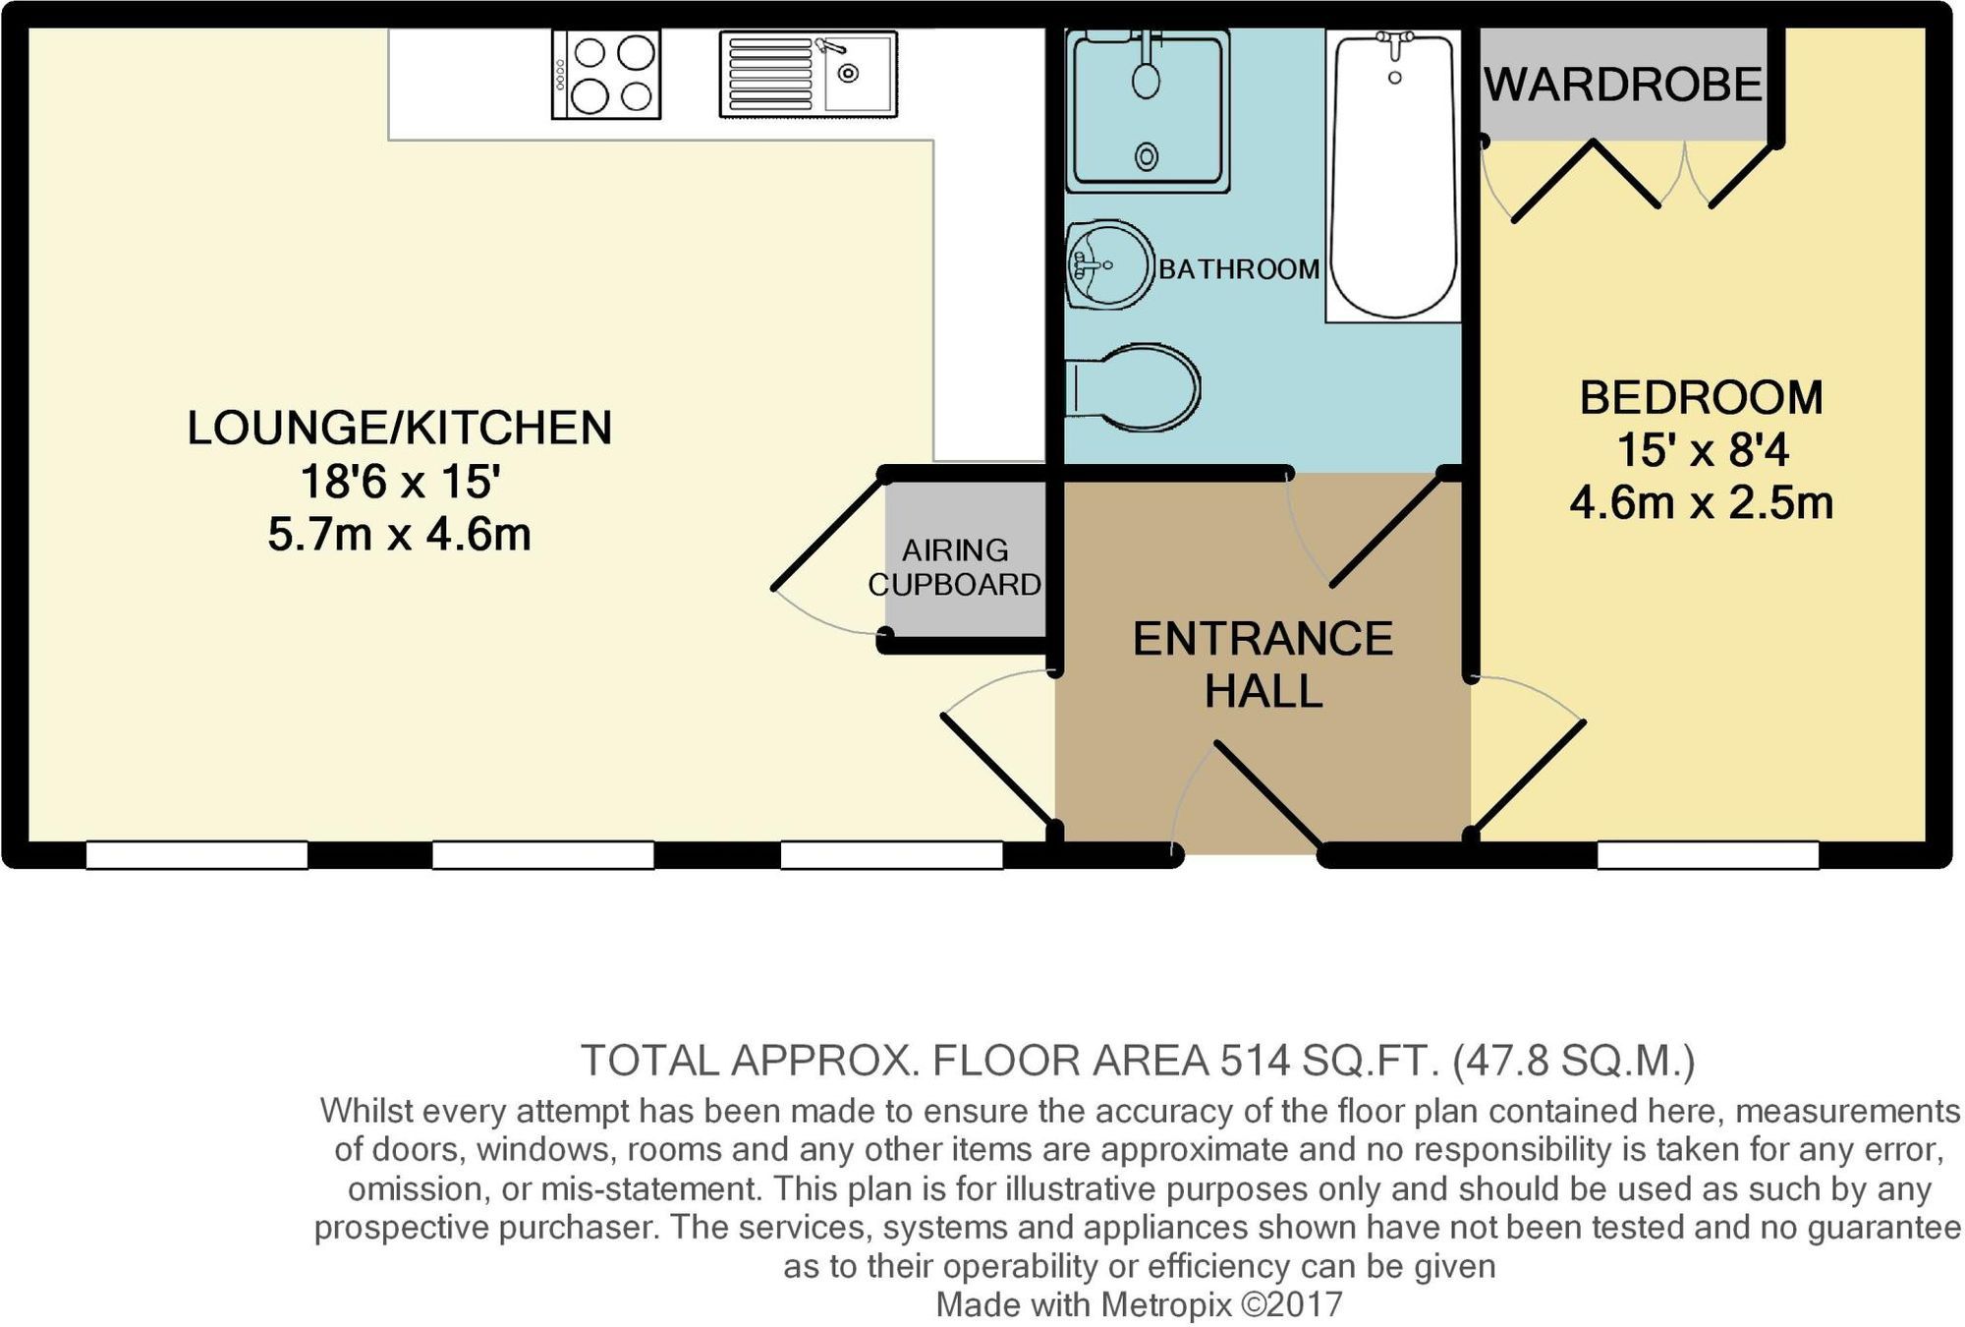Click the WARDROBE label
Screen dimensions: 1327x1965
[1623, 86]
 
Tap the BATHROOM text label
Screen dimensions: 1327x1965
[1238, 269]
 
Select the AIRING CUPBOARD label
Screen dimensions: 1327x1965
[954, 567]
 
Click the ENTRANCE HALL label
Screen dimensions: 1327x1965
[1263, 664]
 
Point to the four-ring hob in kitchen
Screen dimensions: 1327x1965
[606, 75]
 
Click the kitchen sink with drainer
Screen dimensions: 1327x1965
[808, 75]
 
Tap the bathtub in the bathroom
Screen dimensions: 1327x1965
[1393, 175]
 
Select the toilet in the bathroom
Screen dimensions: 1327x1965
[1135, 388]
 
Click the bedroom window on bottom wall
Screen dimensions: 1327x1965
[1708, 855]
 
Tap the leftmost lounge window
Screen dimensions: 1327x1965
[196, 855]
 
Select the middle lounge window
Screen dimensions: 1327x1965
[543, 855]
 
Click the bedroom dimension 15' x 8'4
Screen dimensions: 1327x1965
[1703, 451]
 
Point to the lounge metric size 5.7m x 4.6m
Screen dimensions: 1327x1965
[399, 535]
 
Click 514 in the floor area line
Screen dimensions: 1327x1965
[1255, 1061]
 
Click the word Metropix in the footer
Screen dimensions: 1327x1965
[1165, 1304]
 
